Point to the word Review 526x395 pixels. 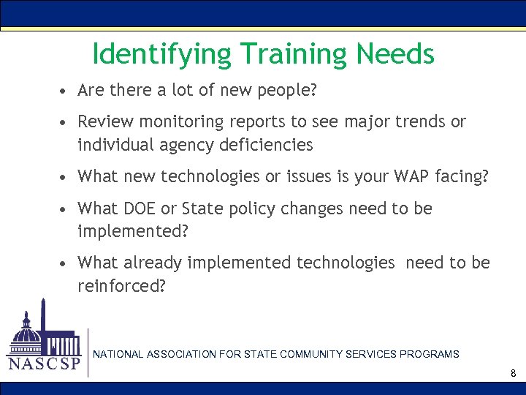[102, 121]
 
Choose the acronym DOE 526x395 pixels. [139, 208]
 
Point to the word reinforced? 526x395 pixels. [121, 286]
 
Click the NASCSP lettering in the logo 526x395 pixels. [44, 364]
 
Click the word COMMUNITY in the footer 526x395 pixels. [307, 354]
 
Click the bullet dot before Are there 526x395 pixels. [65, 91]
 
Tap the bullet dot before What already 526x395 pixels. [65, 263]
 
